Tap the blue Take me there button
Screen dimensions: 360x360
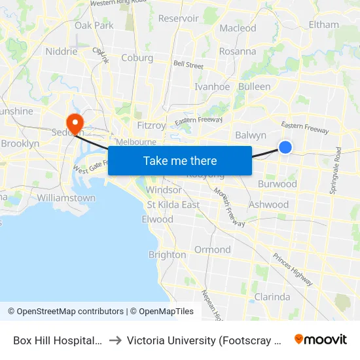pyautogui.click(x=180, y=160)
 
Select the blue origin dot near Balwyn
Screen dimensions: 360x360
pyautogui.click(x=285, y=147)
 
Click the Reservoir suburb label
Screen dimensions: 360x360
pyautogui.click(x=178, y=18)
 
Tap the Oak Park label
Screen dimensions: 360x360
pyautogui.click(x=94, y=26)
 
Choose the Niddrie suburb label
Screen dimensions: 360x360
pyautogui.click(x=62, y=51)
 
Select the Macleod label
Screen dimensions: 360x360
pyautogui.click(x=238, y=28)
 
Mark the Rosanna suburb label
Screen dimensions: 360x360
pyautogui.click(x=238, y=51)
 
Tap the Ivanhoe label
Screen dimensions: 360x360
pyautogui.click(x=212, y=86)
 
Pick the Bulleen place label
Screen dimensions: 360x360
pyautogui.click(x=255, y=86)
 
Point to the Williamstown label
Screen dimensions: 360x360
pyautogui.click(x=66, y=198)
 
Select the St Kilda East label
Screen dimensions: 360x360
pyautogui.click(x=173, y=205)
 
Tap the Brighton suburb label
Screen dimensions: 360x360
pyautogui.click(x=167, y=255)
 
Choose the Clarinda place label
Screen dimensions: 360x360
pyautogui.click(x=272, y=297)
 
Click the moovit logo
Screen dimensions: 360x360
pyautogui.click(x=320, y=339)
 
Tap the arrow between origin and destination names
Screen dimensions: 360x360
pyautogui.click(x=115, y=340)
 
